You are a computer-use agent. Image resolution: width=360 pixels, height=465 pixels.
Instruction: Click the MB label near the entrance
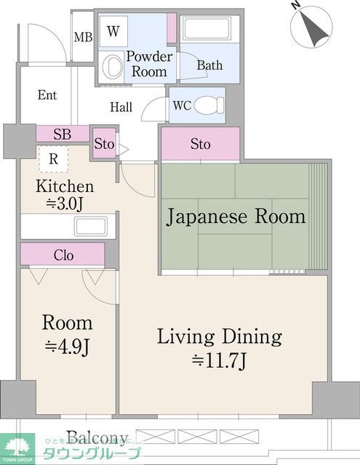click(x=82, y=36)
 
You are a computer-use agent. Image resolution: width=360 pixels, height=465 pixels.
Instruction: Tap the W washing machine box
click(x=113, y=31)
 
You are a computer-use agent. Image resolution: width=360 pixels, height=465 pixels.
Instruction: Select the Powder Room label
click(x=149, y=64)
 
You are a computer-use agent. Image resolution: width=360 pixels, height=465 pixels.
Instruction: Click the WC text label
click(x=181, y=105)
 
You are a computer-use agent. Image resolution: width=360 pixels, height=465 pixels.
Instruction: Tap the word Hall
click(x=121, y=107)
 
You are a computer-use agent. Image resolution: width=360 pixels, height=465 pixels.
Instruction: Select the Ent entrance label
click(x=47, y=95)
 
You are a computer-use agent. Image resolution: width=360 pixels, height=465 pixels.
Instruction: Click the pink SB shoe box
click(x=62, y=134)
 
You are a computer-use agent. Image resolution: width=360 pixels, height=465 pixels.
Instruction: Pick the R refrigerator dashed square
click(x=53, y=158)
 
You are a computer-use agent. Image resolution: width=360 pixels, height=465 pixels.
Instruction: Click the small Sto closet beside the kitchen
click(x=104, y=144)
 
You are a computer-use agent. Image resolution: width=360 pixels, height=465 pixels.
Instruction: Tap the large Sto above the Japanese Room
click(x=200, y=144)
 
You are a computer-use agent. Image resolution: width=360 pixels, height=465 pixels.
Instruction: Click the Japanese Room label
click(x=236, y=217)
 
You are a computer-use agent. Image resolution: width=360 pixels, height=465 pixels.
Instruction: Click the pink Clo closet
click(x=63, y=255)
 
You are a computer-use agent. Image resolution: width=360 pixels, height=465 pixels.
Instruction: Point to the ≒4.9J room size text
click(x=67, y=347)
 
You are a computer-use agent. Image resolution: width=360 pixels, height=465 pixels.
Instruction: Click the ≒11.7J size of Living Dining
click(x=220, y=360)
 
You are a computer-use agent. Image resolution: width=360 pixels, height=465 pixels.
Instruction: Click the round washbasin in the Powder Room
click(x=113, y=68)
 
